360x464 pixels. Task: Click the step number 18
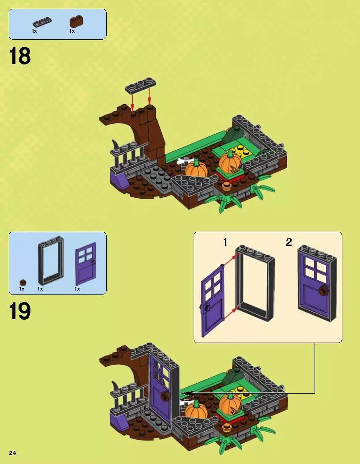tap(20, 56)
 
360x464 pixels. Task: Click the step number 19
tap(20, 311)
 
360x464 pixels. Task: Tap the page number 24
tap(12, 453)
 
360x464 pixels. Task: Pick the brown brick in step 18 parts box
tap(76, 22)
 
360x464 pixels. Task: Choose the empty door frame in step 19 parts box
tap(51, 260)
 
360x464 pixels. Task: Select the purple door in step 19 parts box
tap(86, 264)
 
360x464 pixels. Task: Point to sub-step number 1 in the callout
tap(225, 242)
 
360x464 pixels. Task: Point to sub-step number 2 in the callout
tap(289, 242)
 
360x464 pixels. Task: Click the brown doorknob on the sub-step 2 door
tap(324, 290)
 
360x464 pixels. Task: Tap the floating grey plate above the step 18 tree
tap(140, 85)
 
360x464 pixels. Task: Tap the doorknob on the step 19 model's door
tap(165, 396)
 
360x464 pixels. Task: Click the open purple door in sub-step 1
tap(213, 301)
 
